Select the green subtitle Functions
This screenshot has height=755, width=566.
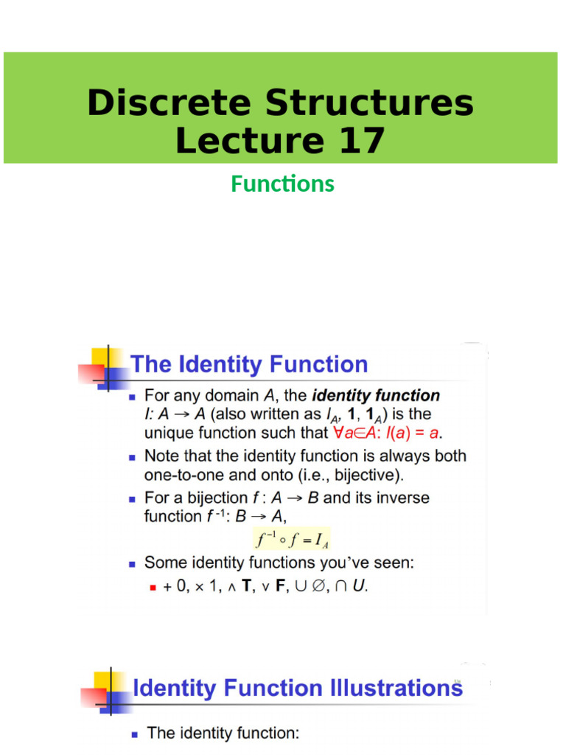pos(282,184)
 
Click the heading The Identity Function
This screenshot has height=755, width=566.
pos(249,364)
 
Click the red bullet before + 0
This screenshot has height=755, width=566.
pos(151,588)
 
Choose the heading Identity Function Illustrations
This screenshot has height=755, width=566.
pos(297,688)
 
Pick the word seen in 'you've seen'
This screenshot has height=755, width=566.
pos(395,563)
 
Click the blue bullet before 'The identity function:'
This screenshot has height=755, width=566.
pos(134,734)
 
